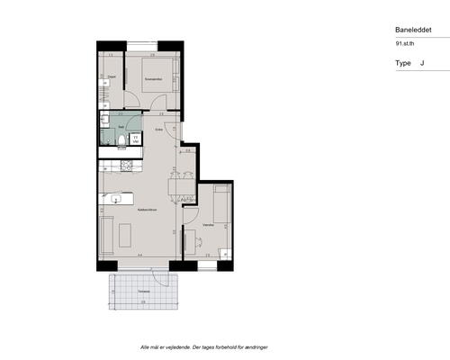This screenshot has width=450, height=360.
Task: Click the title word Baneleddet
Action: [x=411, y=29]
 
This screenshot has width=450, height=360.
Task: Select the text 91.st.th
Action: [x=406, y=43]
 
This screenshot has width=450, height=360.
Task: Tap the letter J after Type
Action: [x=422, y=64]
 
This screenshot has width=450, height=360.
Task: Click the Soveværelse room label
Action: [x=152, y=78]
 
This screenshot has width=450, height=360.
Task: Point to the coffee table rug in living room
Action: [x=125, y=235]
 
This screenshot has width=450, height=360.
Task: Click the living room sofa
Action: [x=105, y=235]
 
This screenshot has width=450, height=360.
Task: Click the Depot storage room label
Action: [x=112, y=77]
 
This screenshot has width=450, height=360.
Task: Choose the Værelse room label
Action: [x=208, y=224]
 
